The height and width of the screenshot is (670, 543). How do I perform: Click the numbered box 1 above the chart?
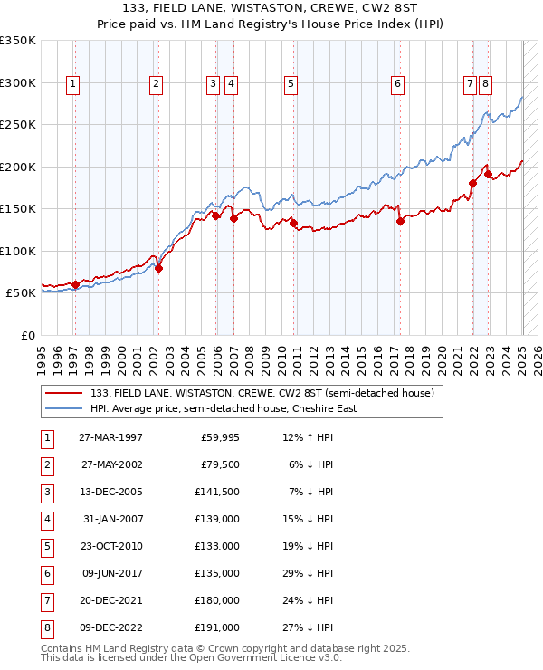point(72,84)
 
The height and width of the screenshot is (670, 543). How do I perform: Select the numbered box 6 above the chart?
point(397,84)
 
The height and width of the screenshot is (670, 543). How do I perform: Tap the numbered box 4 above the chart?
point(231,84)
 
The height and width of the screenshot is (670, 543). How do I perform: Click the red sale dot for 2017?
point(399,221)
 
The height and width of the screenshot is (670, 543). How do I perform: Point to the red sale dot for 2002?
point(158,268)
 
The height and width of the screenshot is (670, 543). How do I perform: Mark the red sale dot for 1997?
point(75,284)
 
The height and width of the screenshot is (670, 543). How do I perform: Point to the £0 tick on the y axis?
point(27,335)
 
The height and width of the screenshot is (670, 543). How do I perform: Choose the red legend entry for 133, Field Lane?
point(262,393)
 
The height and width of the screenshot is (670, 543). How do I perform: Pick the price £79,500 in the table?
point(220,465)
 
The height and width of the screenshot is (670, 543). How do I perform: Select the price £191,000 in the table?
point(218,627)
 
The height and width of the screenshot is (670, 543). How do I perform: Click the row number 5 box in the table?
point(46,546)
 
